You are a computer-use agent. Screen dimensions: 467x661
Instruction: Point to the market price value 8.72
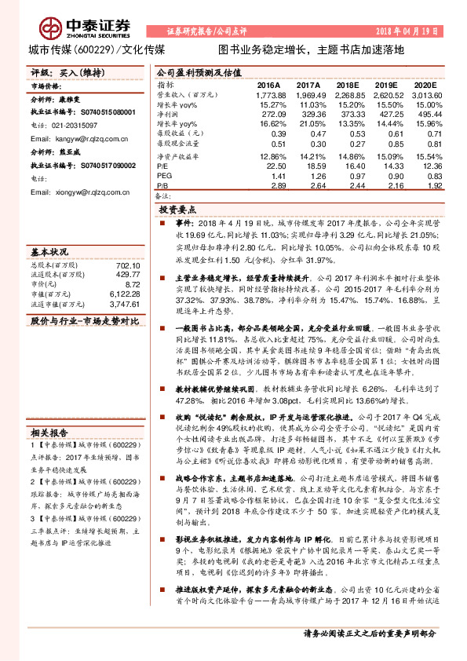pos(132,283)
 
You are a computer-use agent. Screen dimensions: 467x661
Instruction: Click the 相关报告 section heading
pos(52,432)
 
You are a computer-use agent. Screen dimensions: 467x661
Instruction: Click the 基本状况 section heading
pos(52,253)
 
